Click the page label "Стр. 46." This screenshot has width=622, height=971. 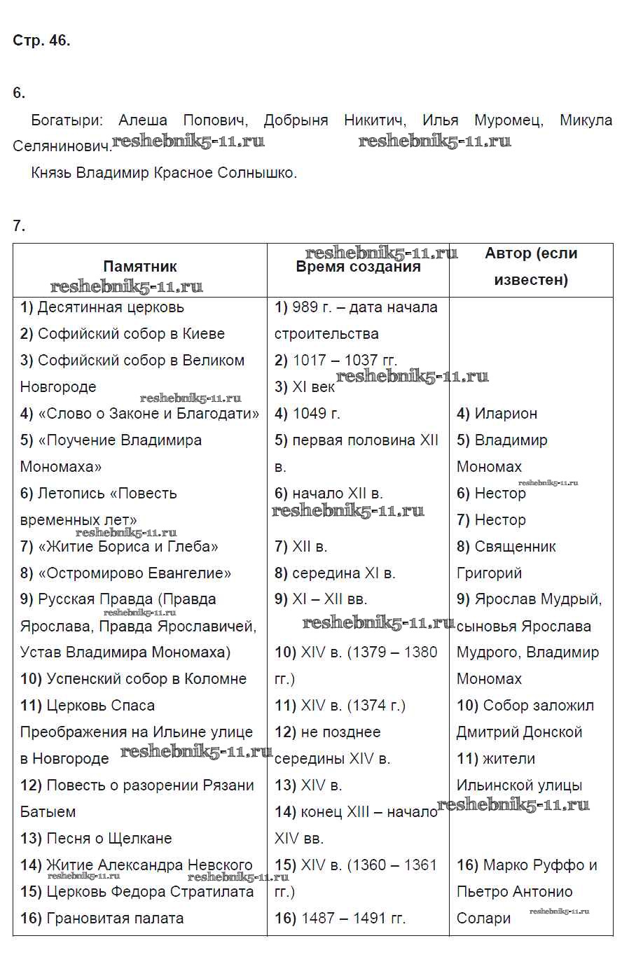[41, 41]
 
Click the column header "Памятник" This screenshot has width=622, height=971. [139, 267]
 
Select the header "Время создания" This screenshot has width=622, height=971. [358, 267]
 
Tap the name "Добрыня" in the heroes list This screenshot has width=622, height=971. [296, 120]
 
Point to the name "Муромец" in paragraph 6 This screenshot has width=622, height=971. [509, 120]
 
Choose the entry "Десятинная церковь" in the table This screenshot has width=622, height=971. [111, 307]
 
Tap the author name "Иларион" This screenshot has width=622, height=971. [506, 414]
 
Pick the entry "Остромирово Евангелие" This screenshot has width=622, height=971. [134, 573]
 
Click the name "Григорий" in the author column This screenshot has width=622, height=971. [489, 573]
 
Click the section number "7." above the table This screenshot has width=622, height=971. [19, 226]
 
